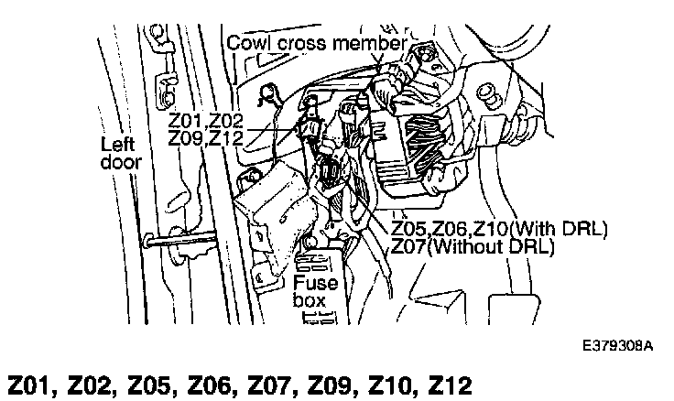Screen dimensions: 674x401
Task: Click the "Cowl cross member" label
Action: coord(315,43)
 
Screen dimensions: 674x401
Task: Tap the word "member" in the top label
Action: coord(372,43)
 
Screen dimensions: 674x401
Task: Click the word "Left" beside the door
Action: coord(117,144)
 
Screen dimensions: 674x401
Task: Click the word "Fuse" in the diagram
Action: coord(316,282)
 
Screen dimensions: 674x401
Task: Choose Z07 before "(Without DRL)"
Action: coord(408,246)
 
